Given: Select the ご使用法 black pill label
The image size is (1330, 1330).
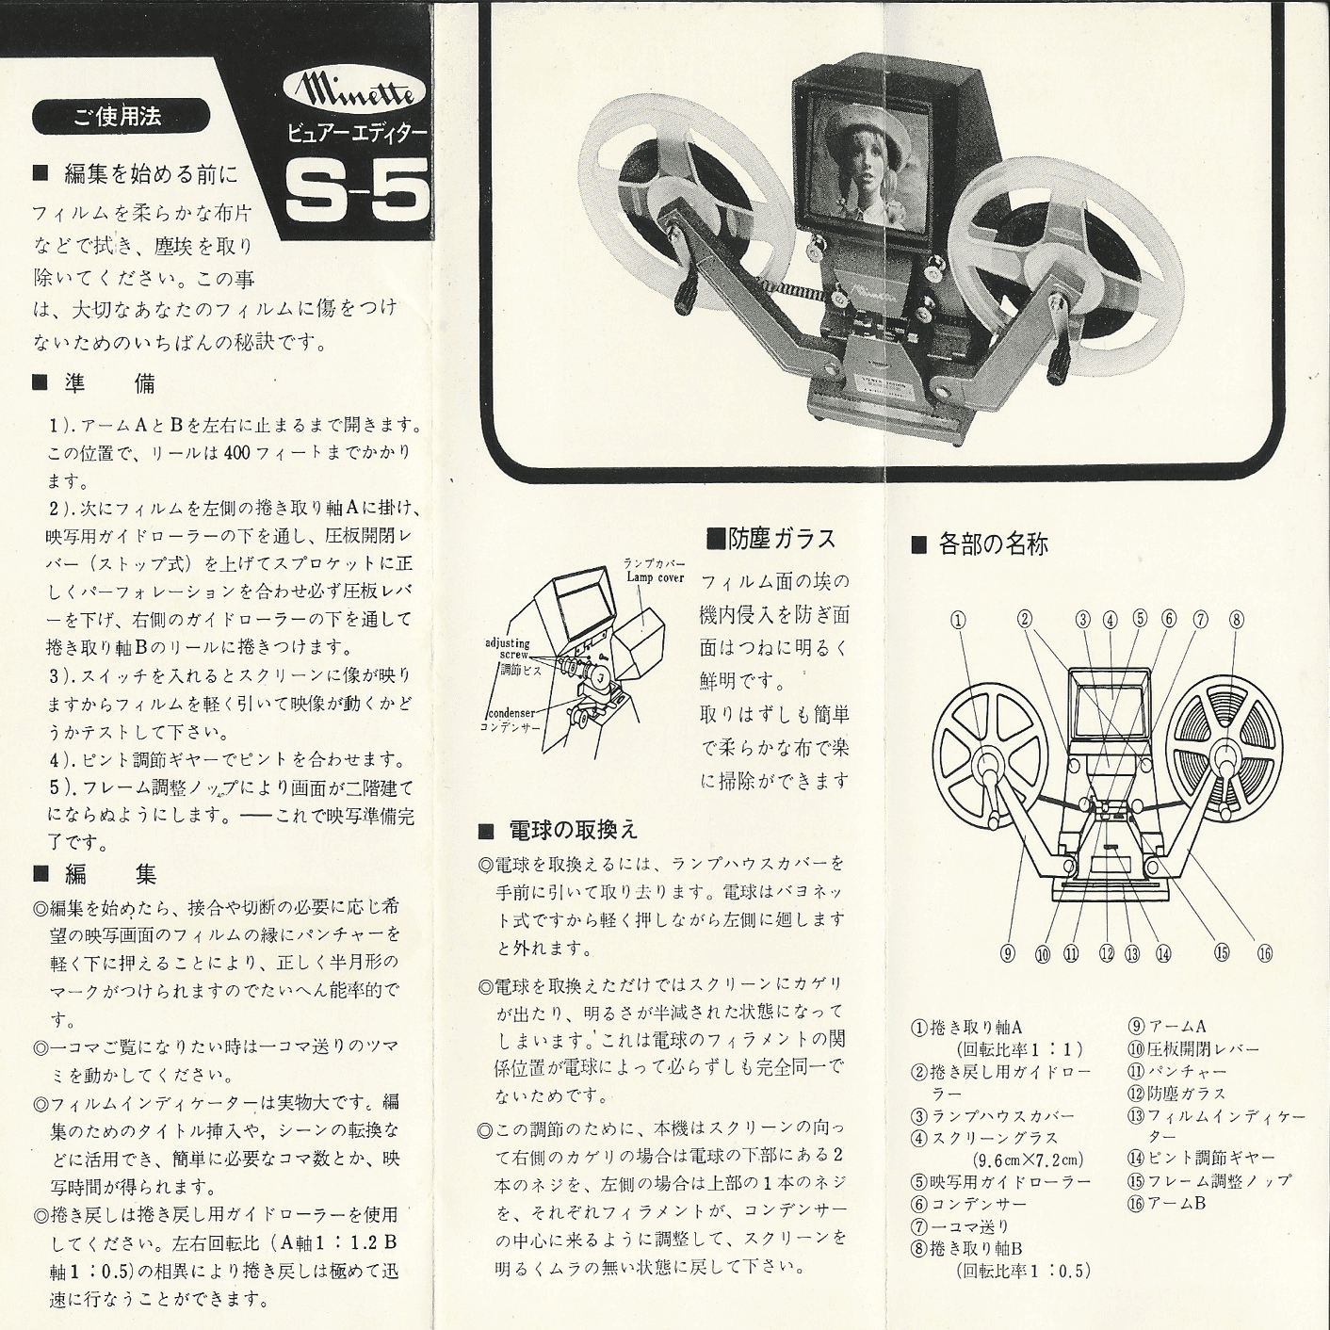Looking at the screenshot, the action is (120, 116).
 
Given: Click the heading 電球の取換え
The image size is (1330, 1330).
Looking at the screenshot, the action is (560, 830).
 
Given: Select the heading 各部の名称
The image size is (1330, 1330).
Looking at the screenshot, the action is (980, 544).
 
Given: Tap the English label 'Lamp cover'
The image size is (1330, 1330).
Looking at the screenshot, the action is (655, 577).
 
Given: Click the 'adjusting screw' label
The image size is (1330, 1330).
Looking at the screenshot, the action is (508, 649).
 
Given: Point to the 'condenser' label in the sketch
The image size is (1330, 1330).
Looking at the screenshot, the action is (511, 713).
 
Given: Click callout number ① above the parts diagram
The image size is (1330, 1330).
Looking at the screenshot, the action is (958, 620).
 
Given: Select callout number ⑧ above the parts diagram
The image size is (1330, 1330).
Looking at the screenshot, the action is (1236, 620).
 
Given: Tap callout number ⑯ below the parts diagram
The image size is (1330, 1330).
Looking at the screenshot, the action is (1264, 954).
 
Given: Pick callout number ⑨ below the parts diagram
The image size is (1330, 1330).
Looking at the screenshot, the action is (1008, 954).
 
